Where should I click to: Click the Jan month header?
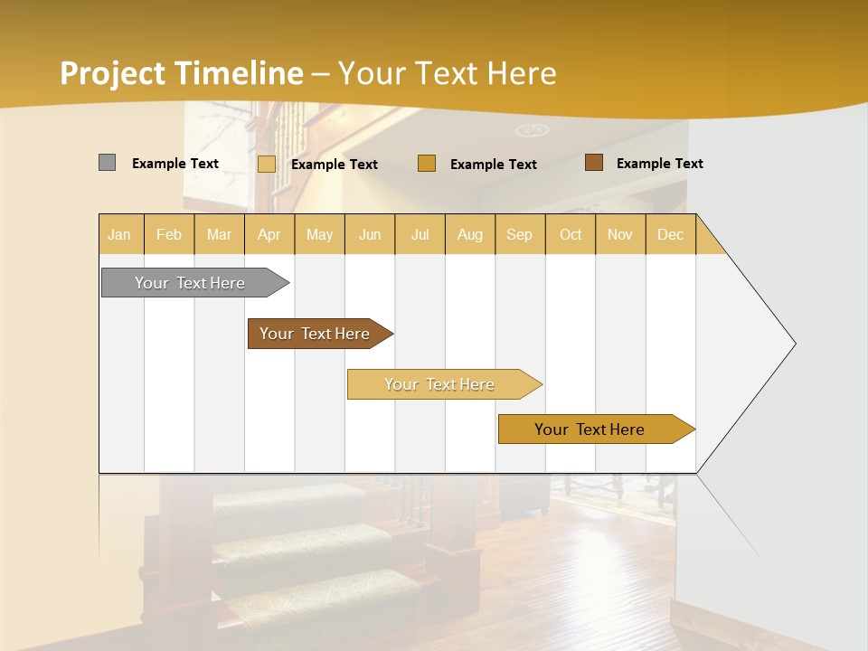[x=119, y=234]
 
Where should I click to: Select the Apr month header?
[x=269, y=234]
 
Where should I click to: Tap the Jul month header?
[x=420, y=234]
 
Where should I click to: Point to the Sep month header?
[x=519, y=234]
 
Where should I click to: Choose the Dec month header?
[x=670, y=234]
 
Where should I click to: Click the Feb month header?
[x=169, y=234]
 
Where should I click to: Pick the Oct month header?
[x=571, y=234]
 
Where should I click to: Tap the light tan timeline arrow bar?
[x=440, y=384]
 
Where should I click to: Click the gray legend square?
[x=108, y=163]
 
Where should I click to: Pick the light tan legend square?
[x=267, y=164]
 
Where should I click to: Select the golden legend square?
[x=427, y=164]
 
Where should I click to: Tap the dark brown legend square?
[x=594, y=163]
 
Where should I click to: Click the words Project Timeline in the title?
[x=182, y=73]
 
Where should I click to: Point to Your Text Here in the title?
[x=447, y=73]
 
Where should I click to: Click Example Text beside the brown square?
[x=659, y=164]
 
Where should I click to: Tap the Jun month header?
[x=370, y=234]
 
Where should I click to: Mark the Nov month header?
[x=620, y=234]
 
